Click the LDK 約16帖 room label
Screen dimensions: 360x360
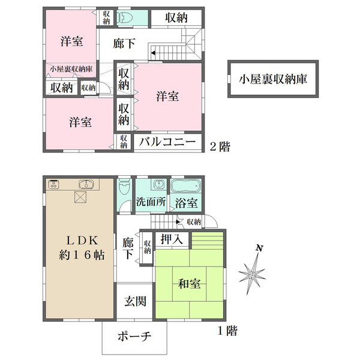pyautogui.click(x=82, y=248)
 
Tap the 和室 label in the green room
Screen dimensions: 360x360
pyautogui.click(x=190, y=284)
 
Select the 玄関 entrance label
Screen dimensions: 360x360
pyautogui.click(x=135, y=301)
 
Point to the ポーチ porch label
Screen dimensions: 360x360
pyautogui.click(x=134, y=337)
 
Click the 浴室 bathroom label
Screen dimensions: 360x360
pyautogui.click(x=186, y=203)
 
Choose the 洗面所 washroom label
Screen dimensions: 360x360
pyautogui.click(x=151, y=202)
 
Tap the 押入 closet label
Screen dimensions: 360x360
pyautogui.click(x=172, y=239)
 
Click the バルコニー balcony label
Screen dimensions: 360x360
pyautogui.click(x=167, y=142)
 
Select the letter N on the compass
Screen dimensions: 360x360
pyautogui.click(x=259, y=248)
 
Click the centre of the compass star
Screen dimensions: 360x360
pyautogui.click(x=252, y=274)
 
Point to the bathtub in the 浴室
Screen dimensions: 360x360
pyautogui.click(x=186, y=185)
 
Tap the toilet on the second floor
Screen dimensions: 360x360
pyautogui.click(x=122, y=17)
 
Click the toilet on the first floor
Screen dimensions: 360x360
pyautogui.click(x=125, y=187)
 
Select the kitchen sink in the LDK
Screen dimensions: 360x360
pyautogui.click(x=86, y=184)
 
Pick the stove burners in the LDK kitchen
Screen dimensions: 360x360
pyautogui.click(x=54, y=184)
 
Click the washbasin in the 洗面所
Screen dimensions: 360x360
pyautogui.click(x=158, y=184)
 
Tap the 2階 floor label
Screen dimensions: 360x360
pyautogui.click(x=220, y=146)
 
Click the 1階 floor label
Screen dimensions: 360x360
pyautogui.click(x=227, y=331)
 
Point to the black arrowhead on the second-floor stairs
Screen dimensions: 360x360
pyautogui.click(x=153, y=53)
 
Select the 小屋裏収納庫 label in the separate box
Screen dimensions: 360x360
pyautogui.click(x=273, y=79)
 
